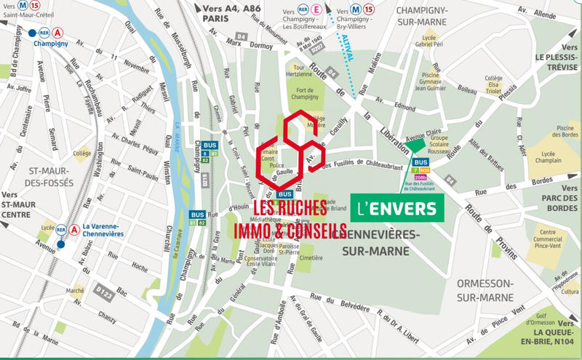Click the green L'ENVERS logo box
398,209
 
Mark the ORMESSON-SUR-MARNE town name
486,289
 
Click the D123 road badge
104,295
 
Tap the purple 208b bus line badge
420,177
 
